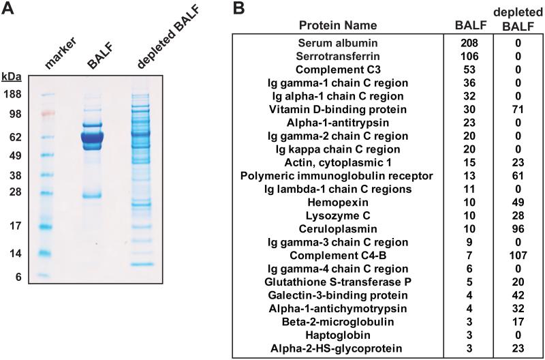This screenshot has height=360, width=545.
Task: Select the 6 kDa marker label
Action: click(18, 277)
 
